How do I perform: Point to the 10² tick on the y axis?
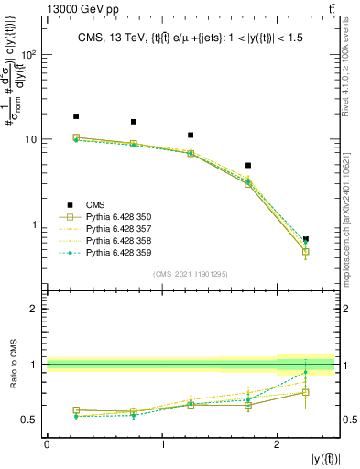pyautogui.click(x=30, y=54)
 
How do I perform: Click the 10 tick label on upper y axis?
pyautogui.click(x=33, y=139)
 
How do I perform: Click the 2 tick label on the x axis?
pyautogui.click(x=277, y=444)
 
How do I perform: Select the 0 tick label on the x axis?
pyautogui.click(x=47, y=444)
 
